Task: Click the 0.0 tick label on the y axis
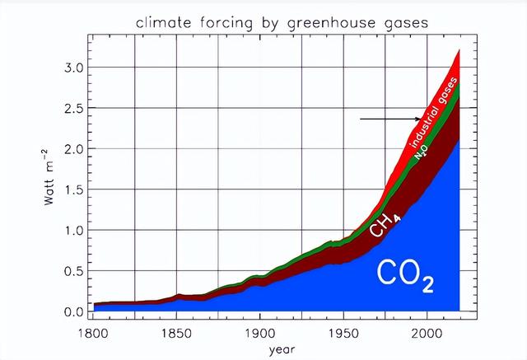pyautogui.click(x=74, y=312)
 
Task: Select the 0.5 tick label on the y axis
pyautogui.click(x=74, y=271)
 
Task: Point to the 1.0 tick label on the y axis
pyautogui.click(x=74, y=231)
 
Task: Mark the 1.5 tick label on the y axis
pyautogui.click(x=74, y=189)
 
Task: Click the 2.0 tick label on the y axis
pyautogui.click(x=74, y=149)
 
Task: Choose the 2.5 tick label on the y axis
pyautogui.click(x=74, y=108)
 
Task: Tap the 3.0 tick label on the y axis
pyautogui.click(x=74, y=68)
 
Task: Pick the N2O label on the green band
pyautogui.click(x=422, y=151)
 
